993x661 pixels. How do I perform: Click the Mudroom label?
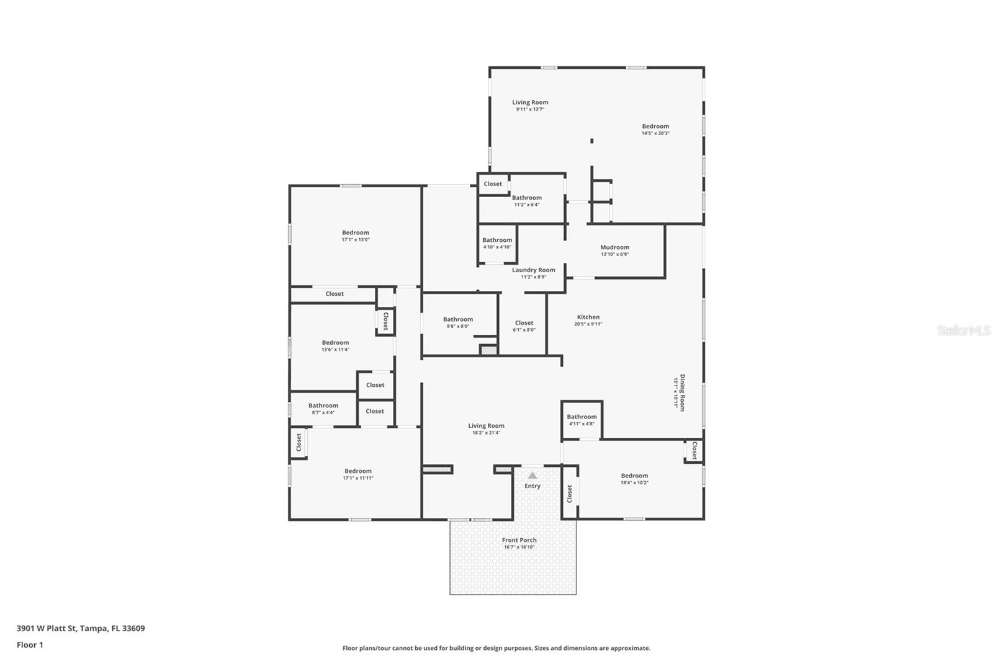614,247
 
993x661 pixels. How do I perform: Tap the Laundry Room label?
533,270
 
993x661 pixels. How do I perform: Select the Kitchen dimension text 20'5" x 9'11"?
588,324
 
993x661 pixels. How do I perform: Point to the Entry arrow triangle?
532,476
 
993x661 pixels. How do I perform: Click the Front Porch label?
519,540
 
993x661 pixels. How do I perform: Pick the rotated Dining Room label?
682,393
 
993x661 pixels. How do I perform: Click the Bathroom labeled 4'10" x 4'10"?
497,240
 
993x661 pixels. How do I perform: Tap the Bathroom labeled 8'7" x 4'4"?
323,406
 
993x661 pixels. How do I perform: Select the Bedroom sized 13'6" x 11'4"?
335,342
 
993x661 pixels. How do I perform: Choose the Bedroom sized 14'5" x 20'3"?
655,126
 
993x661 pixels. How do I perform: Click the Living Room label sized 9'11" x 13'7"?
530,102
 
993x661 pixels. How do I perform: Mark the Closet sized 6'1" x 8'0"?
524,323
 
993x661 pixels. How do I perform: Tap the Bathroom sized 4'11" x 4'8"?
582,417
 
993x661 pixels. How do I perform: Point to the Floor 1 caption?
30,645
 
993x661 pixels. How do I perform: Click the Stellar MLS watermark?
963,331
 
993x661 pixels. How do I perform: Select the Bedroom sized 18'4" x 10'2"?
634,476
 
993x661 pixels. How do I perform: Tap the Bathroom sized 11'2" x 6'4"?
526,198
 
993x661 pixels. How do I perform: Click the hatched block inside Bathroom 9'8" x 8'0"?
489,350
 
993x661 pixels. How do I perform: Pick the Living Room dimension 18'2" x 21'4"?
486,433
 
